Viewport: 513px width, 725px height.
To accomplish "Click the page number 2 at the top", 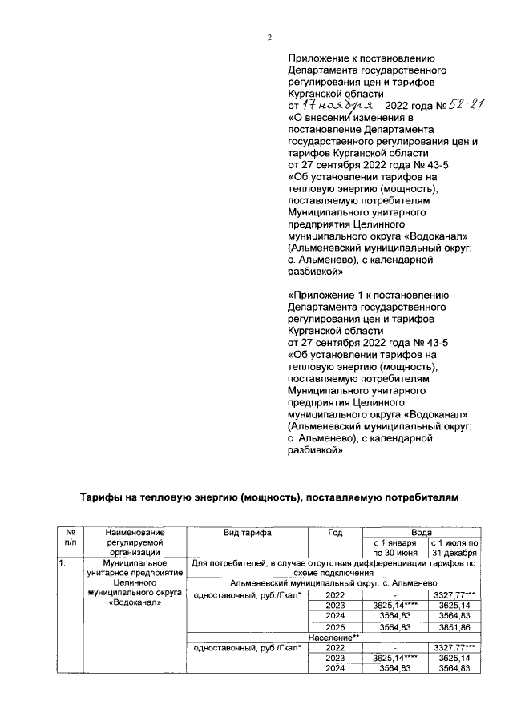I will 270,38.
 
